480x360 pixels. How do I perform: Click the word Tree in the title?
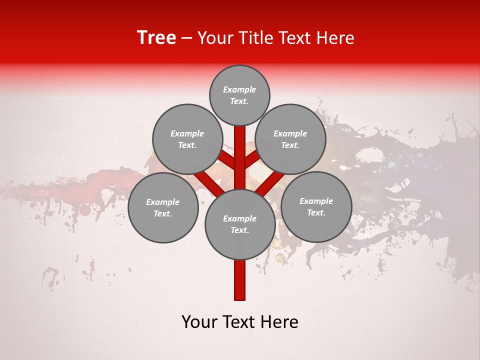pos(156,38)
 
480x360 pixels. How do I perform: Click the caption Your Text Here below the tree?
pos(239,322)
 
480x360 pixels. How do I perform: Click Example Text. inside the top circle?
pos(239,95)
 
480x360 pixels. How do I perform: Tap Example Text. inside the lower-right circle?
pos(316,206)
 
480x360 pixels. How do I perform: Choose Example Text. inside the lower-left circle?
pos(163,207)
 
